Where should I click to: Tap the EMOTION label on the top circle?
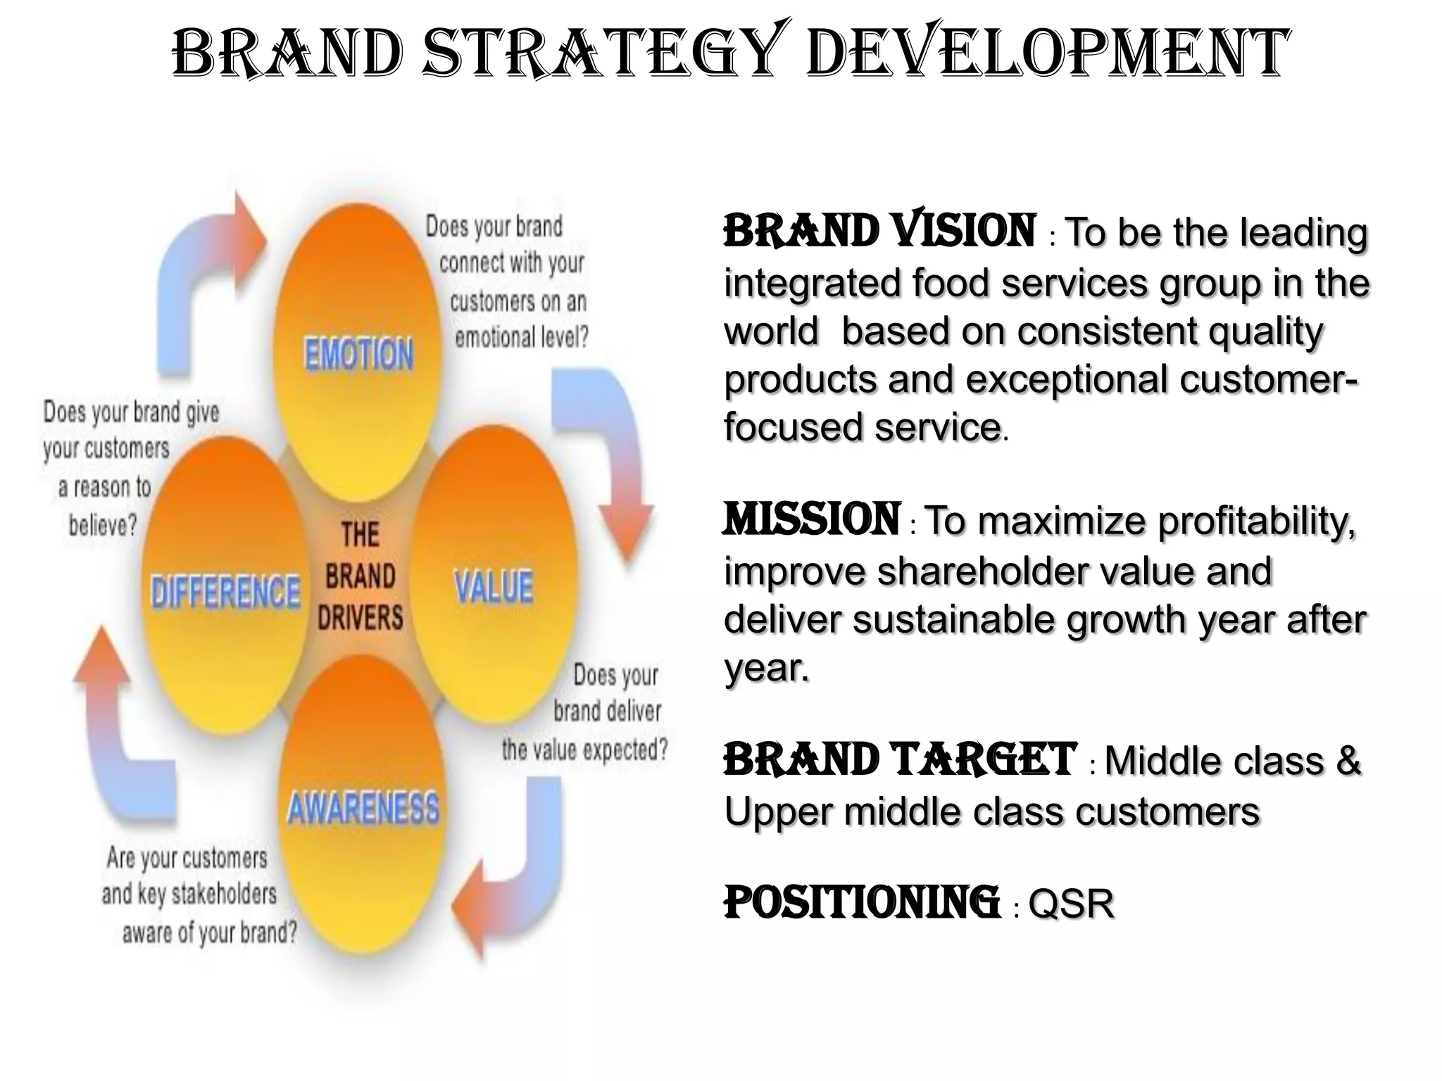[x=358, y=353]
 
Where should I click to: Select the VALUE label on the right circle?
[x=494, y=586]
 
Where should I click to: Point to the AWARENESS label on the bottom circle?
[x=363, y=808]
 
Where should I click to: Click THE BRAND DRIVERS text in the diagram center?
[x=360, y=576]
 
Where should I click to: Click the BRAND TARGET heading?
[x=899, y=760]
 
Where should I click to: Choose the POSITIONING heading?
[x=861, y=903]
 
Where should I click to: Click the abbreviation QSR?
[x=1071, y=904]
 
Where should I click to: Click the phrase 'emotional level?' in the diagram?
[x=521, y=338]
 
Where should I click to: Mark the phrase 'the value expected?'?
[x=584, y=750]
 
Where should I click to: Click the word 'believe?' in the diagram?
[x=103, y=524]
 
